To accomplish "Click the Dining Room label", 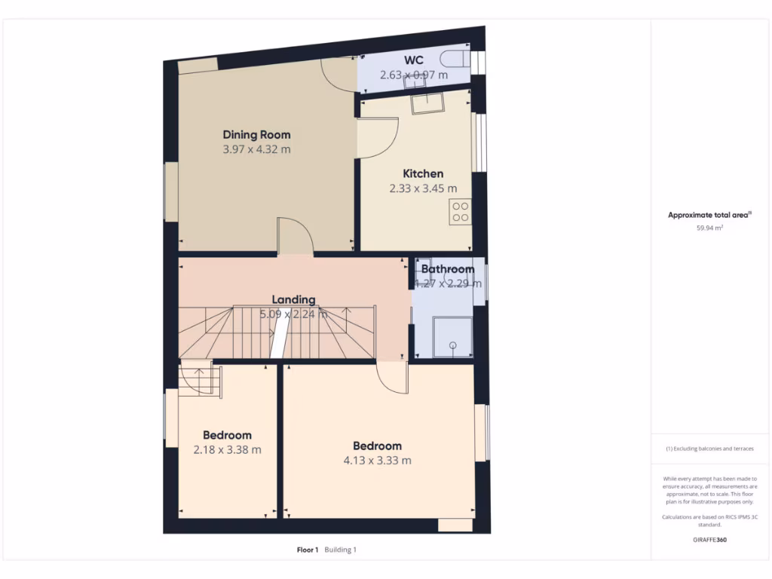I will click(256, 135).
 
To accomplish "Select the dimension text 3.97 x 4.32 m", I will click(256, 150).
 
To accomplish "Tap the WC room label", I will click(414, 60).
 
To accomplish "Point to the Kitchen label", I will click(423, 173).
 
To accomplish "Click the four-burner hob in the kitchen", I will click(460, 212).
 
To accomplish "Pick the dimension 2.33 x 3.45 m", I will click(423, 188).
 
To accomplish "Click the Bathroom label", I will click(448, 269).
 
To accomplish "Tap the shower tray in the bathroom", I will click(452, 337).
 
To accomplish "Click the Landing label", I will click(294, 299).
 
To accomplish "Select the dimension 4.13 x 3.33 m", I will click(378, 461).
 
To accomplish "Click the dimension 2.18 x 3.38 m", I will click(227, 450).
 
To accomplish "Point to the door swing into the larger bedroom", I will click(393, 377).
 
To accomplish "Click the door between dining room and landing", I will click(295, 237).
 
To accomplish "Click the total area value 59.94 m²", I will click(709, 227).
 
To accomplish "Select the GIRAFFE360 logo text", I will click(709, 540).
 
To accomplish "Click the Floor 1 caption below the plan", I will click(308, 550).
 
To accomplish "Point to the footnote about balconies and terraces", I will click(709, 449).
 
